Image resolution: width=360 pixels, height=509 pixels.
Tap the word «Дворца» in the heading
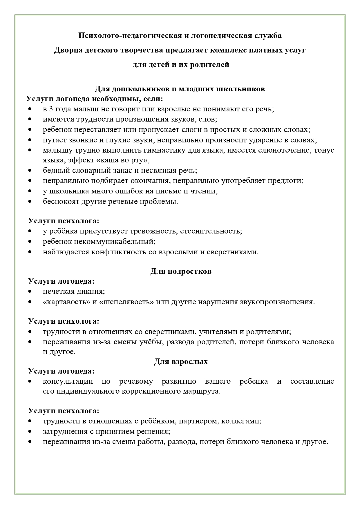point(67,50)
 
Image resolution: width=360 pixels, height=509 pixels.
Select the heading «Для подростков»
point(181,271)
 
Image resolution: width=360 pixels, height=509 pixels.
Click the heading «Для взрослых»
point(181,362)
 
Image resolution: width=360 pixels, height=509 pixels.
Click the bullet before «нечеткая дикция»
point(30,291)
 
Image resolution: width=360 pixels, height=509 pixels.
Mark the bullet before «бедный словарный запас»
point(30,171)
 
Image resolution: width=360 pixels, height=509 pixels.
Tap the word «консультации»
point(68,381)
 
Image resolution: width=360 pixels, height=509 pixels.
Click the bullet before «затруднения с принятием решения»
point(30,432)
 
